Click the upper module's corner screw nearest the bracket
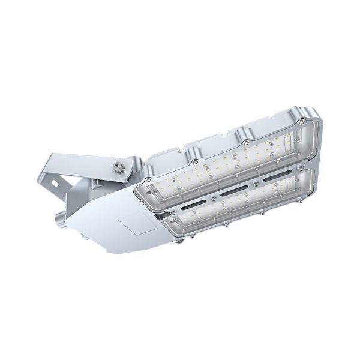[148, 179]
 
